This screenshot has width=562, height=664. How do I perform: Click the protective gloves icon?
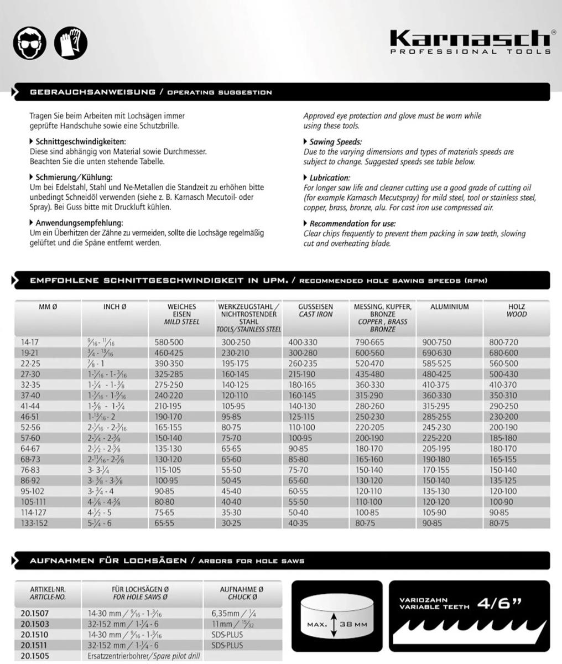pos(71,43)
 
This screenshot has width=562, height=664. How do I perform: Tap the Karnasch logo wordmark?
pos(470,39)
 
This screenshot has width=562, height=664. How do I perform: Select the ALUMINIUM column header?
pos(449,307)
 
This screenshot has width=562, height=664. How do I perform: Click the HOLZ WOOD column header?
pos(516,310)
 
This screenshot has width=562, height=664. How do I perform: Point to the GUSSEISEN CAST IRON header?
pos(315,310)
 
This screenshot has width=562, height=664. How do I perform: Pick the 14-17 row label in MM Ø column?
pos(30,343)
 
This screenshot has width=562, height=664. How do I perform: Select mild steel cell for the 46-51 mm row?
pos(169,416)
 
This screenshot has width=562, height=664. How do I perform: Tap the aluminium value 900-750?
pos(436,343)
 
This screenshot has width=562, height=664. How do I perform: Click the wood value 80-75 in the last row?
pos(499,523)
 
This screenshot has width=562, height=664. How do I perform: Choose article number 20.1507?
pos(34,614)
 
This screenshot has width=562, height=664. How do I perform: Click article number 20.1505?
pos(34,656)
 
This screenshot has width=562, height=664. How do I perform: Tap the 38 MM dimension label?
pos(353,624)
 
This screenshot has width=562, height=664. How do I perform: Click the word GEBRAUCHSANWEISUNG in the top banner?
pos(92,92)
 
